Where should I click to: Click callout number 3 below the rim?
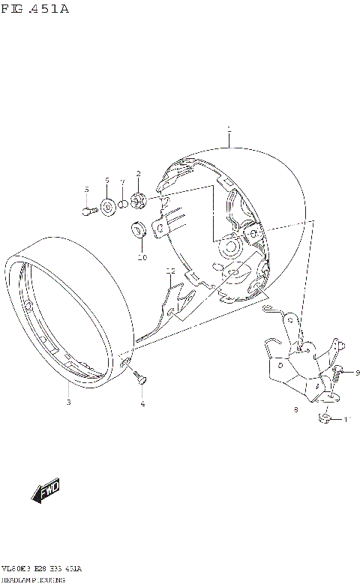click(68, 403)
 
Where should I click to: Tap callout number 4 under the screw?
click(142, 404)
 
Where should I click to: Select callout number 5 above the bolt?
click(86, 189)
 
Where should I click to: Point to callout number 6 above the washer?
click(107, 181)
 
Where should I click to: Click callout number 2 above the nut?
click(138, 174)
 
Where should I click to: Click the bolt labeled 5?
click(88, 211)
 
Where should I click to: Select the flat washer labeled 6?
click(107, 205)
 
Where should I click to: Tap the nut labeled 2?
click(138, 201)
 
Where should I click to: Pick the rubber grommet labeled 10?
click(139, 229)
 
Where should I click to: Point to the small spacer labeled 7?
click(124, 203)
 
